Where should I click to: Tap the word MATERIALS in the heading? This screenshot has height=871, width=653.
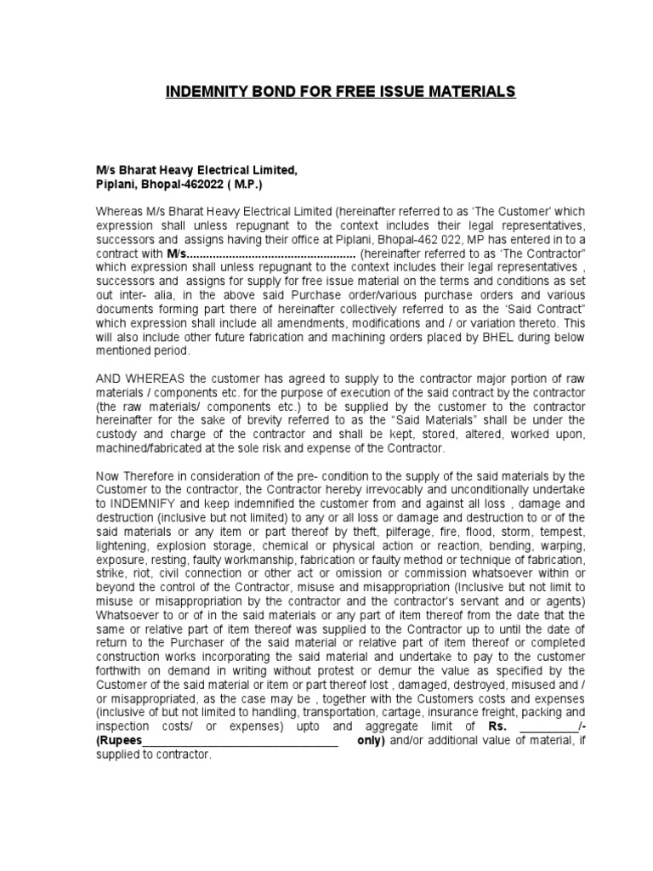point(470,91)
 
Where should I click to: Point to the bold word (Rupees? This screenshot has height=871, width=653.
point(119,740)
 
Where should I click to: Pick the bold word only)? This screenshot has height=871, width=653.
point(371,740)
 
